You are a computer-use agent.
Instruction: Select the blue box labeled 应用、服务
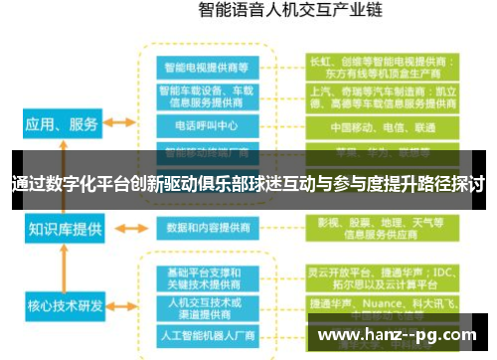click(x=62, y=123)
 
